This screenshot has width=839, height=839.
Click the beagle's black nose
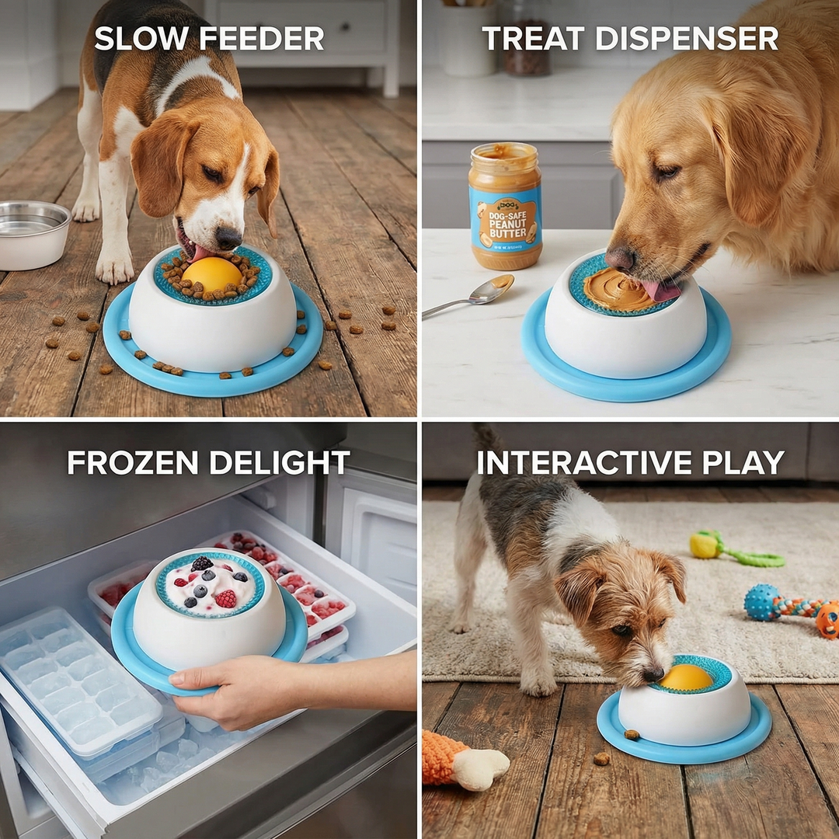(x=228, y=237)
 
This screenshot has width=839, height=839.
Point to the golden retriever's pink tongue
(x=660, y=291)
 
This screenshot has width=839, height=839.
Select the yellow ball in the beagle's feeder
(x=211, y=274)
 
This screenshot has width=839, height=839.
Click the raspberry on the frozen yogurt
(x=225, y=598)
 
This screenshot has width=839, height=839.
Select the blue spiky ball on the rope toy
(x=762, y=602)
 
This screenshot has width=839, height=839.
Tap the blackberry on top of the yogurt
(x=202, y=564)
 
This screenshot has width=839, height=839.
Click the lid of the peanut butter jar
(x=505, y=152)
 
